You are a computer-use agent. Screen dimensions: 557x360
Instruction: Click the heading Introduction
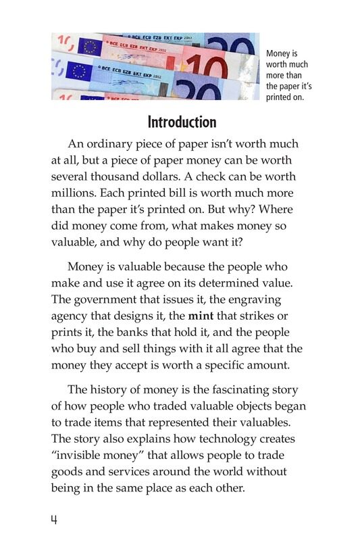click(x=182, y=122)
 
